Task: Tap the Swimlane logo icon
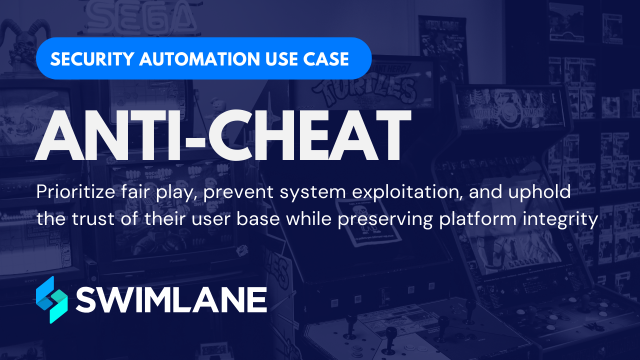click(51, 299)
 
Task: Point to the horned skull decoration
click(22, 42)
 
